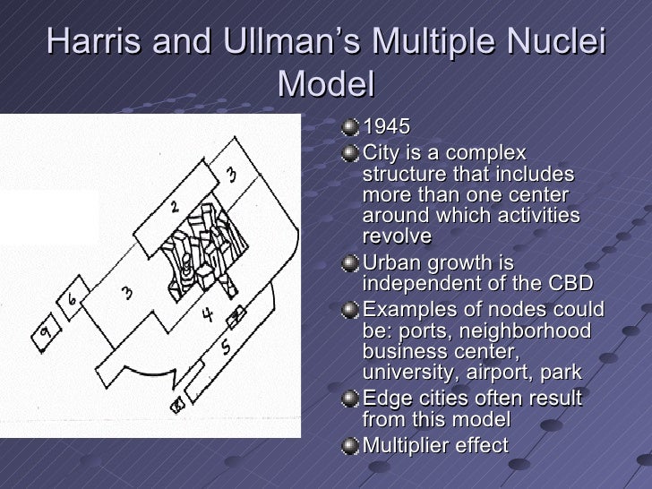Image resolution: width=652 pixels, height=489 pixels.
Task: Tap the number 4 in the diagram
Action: pyautogui.click(x=207, y=314)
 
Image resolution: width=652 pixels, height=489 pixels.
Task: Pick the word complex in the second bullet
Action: pyautogui.click(x=486, y=154)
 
